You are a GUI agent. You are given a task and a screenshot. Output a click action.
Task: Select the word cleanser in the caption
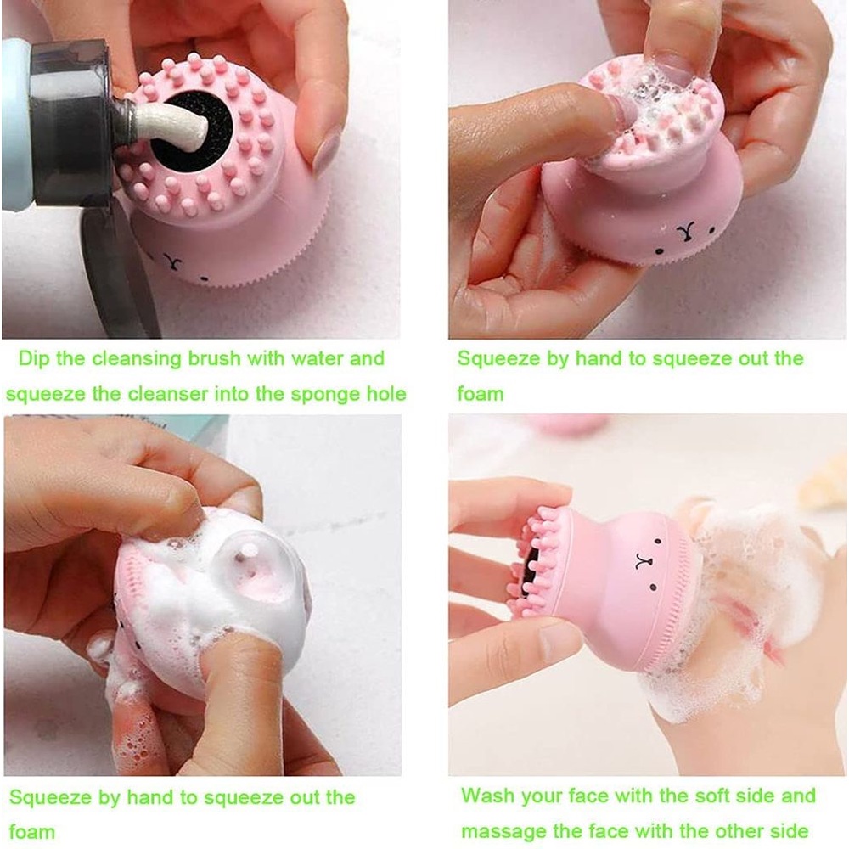tap(169, 394)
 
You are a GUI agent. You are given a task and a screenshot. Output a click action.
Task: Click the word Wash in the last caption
tap(488, 796)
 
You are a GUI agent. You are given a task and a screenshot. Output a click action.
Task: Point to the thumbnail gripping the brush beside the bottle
tap(327, 153)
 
